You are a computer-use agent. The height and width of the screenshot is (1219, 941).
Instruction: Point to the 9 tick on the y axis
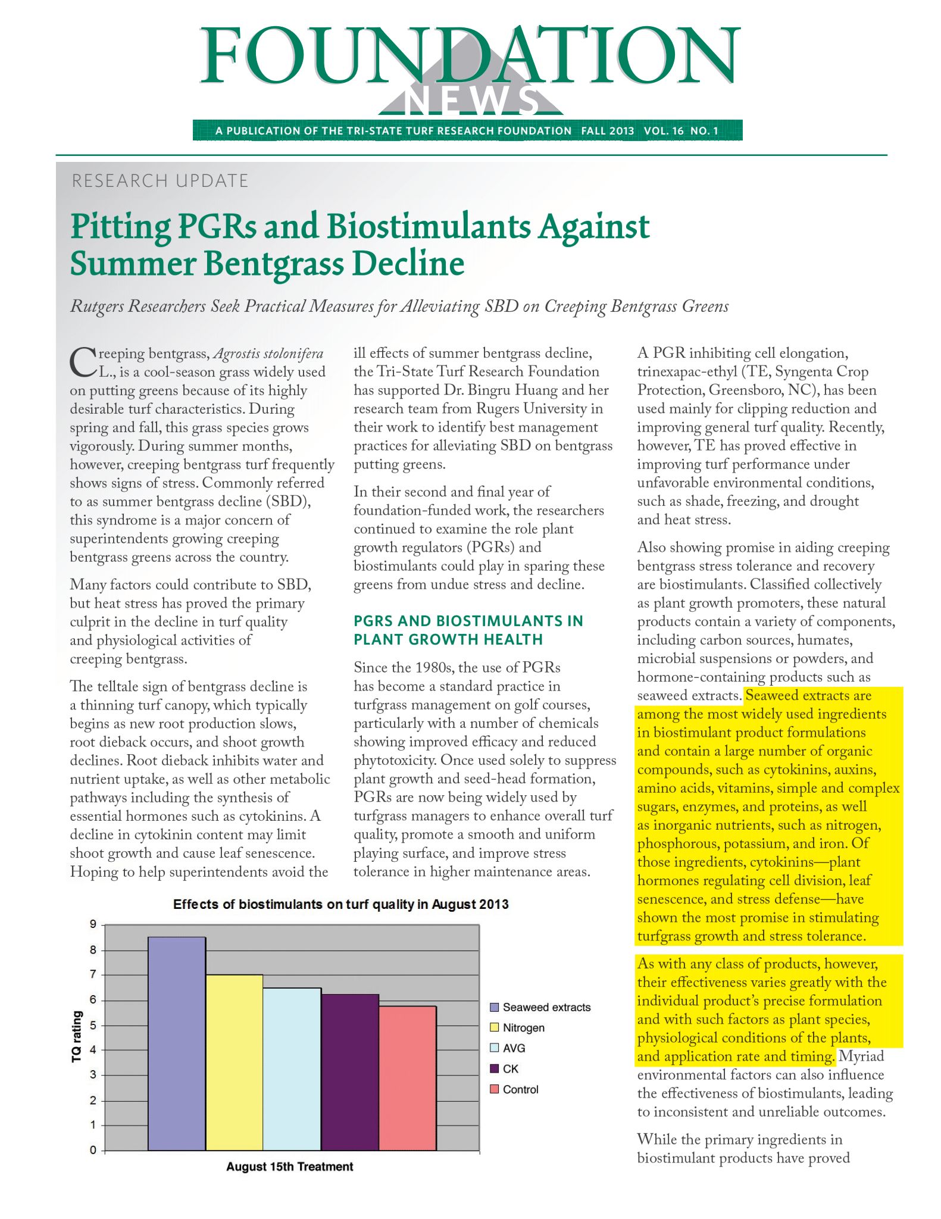pos(93,924)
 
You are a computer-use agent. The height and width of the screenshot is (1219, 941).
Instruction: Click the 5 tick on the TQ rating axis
pos(93,1025)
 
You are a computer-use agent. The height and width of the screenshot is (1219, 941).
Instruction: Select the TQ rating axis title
pos(76,1036)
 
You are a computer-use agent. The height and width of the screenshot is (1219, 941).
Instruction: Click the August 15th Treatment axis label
pos(289,1167)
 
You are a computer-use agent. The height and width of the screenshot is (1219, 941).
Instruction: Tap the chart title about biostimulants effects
pos(340,905)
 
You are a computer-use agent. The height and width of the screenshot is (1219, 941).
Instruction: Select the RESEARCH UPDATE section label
pos(160,181)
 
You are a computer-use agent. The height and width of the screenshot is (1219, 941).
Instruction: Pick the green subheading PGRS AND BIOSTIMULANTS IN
pos(468,621)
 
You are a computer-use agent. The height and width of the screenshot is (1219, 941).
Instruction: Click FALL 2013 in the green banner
pos(607,131)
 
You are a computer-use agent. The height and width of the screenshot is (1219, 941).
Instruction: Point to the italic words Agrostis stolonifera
pos(268,354)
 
